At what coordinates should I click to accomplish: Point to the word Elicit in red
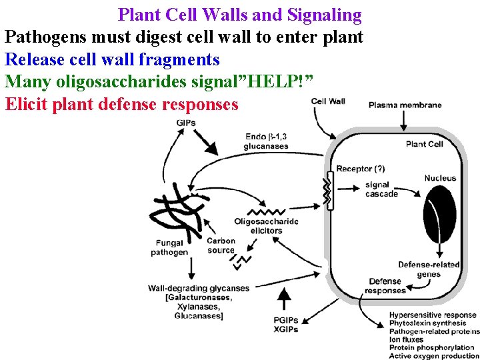point(25,105)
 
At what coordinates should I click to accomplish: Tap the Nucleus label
point(440,178)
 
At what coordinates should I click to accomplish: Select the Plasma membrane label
point(405,105)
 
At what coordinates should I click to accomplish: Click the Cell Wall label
point(328,101)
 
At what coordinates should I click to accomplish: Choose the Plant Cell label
point(425,144)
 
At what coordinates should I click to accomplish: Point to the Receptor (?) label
point(360,169)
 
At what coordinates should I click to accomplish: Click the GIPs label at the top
point(186,123)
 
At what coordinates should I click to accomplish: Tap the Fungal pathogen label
point(169,248)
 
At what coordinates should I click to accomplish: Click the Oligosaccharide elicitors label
point(266,226)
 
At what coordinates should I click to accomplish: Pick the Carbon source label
point(221,245)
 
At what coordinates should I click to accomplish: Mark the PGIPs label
point(285,320)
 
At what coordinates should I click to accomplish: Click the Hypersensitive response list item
point(433,315)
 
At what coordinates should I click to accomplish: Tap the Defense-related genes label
point(429,269)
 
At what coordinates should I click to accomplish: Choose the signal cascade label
point(381,189)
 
